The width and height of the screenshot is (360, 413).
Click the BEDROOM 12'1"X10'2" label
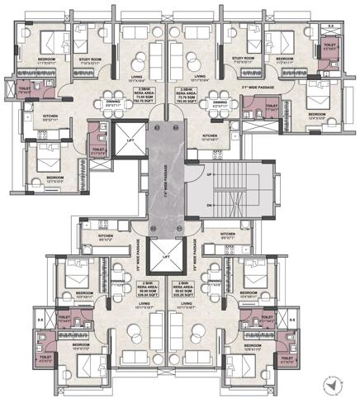click(x=56, y=179)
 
